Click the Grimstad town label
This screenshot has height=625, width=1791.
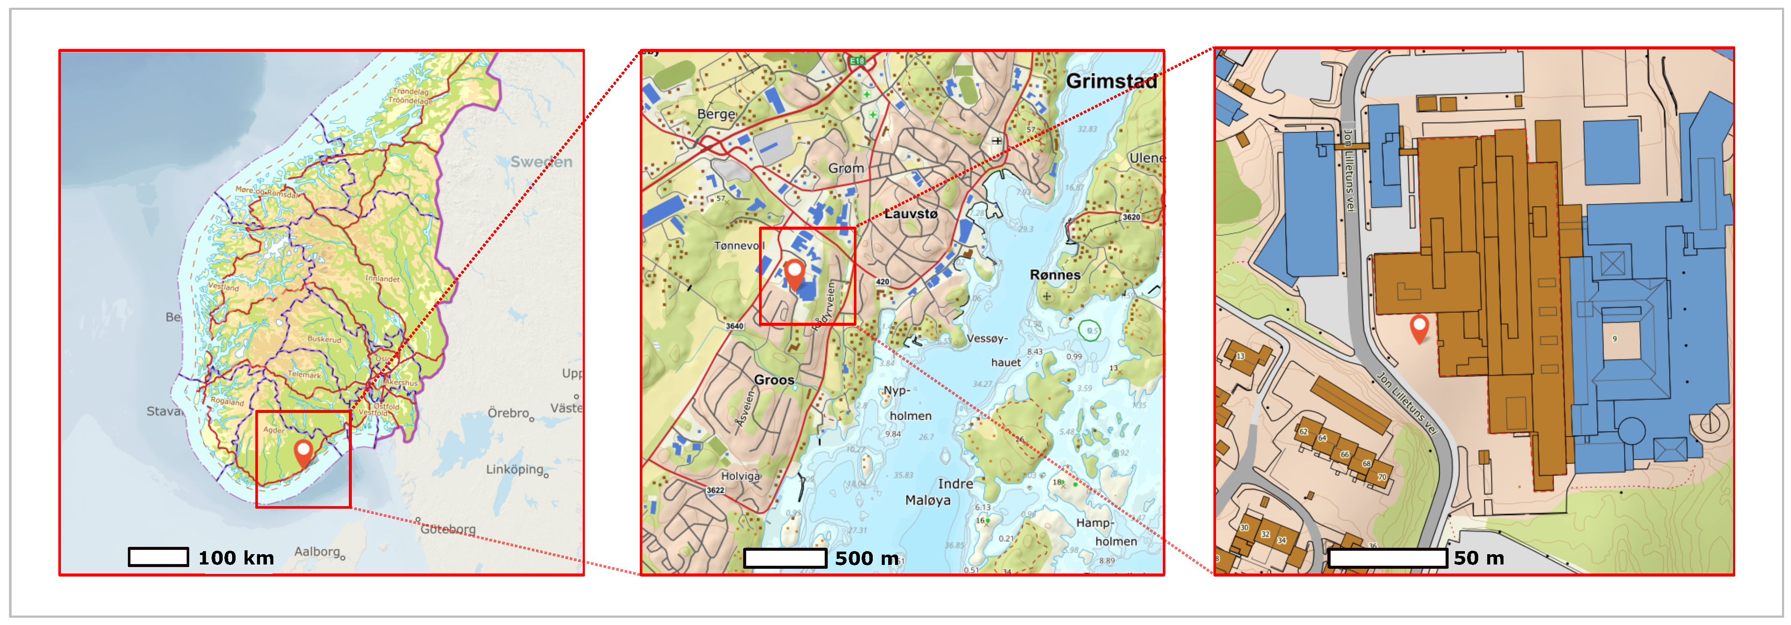point(1111,81)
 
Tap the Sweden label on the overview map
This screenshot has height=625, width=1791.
point(541,162)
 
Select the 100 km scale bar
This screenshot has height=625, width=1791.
point(158,557)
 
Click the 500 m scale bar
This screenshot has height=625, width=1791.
point(784,558)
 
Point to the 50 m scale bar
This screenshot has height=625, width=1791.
point(1387,558)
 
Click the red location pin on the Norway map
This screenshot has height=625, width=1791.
point(303,452)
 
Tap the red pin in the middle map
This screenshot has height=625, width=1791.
point(794,273)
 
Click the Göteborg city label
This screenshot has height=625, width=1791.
point(448,529)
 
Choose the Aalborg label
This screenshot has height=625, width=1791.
point(317,551)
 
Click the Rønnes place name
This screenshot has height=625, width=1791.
point(1055,275)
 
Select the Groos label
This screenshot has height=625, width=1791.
point(774,379)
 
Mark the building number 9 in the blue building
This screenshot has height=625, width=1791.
point(1614,339)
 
